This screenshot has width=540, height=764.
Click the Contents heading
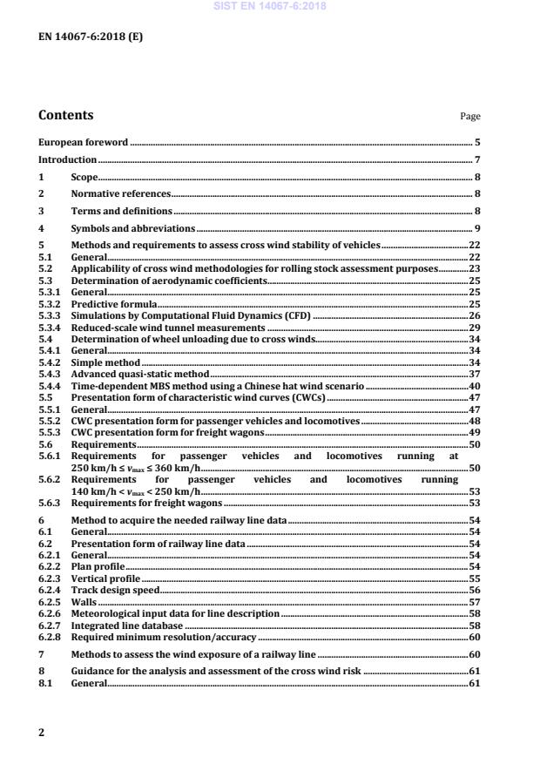pos(66,115)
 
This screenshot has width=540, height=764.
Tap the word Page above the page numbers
pos(470,117)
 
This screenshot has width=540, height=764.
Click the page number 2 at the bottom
pos(41,733)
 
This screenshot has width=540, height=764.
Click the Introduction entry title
pos(67,160)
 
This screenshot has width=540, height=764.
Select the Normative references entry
pos(120,193)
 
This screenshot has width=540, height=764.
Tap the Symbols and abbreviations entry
pos(133,228)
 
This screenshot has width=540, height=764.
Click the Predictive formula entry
pos(113,303)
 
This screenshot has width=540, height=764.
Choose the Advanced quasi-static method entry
pos(140,373)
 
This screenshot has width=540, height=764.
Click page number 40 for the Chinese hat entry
pos(475,385)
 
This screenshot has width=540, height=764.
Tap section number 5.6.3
pos(49,503)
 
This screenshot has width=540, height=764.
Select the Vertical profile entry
pos(105,578)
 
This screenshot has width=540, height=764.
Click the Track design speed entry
pos(115,590)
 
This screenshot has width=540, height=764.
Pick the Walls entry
pos(84,602)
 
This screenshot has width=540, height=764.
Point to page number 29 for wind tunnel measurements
pos(475,326)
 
